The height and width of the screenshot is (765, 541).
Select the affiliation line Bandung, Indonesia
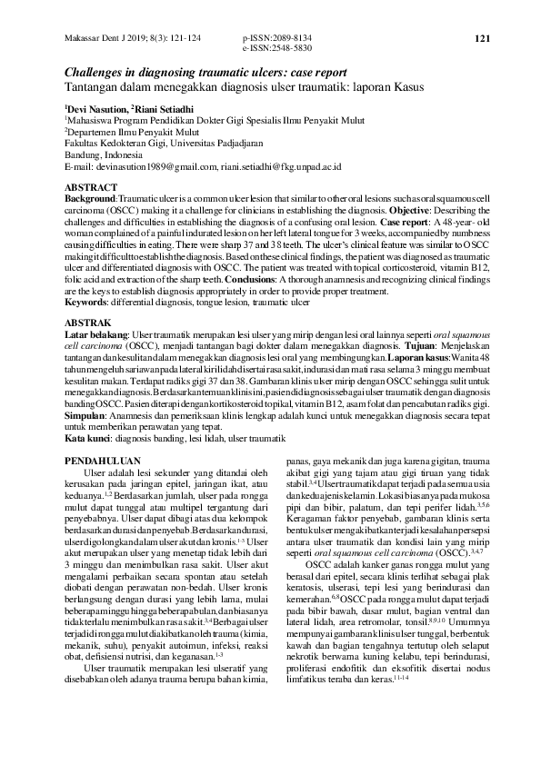click(103, 155)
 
